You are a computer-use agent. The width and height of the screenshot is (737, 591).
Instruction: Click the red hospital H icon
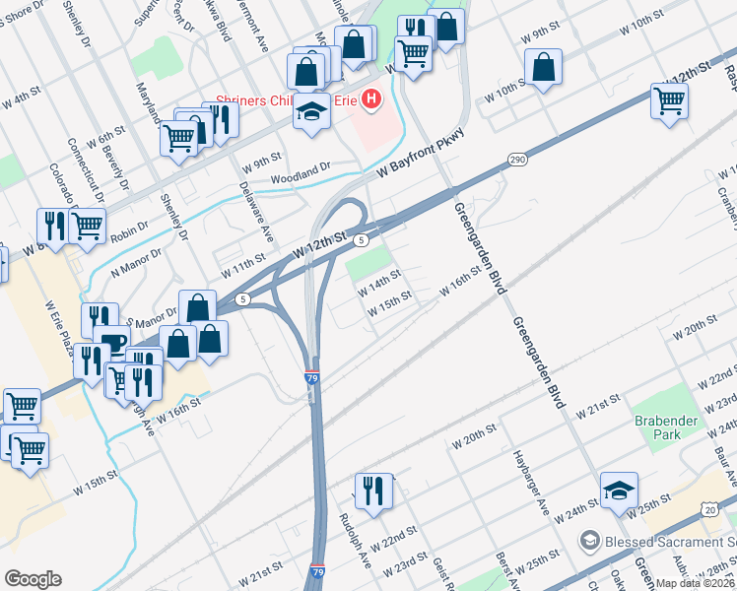click(x=371, y=99)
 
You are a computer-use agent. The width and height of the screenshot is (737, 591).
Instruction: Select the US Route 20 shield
click(x=711, y=507)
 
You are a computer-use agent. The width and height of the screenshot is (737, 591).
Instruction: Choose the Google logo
click(x=33, y=579)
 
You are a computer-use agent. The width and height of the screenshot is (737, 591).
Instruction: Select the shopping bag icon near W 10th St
click(x=544, y=68)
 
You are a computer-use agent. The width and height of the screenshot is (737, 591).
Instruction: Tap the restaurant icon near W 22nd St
click(x=373, y=491)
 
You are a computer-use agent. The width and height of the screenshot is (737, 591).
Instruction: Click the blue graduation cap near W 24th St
click(x=619, y=491)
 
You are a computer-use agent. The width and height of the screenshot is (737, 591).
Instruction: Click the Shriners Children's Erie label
click(x=286, y=99)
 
